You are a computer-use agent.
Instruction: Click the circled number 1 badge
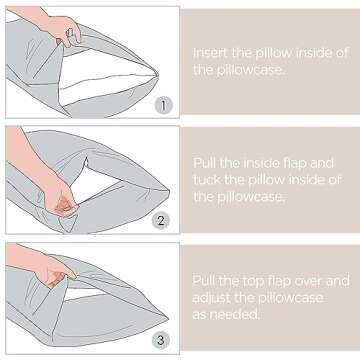(163, 106)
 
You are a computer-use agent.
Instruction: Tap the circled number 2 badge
(161, 221)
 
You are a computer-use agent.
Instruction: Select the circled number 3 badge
(161, 340)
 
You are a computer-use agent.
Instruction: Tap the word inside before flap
(261, 163)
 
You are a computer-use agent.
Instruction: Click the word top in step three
(253, 281)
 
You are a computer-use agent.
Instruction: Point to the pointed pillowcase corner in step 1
(157, 75)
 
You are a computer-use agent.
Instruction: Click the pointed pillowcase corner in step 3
(167, 316)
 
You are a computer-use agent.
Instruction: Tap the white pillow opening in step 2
(97, 183)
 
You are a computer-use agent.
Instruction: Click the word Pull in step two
(205, 163)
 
